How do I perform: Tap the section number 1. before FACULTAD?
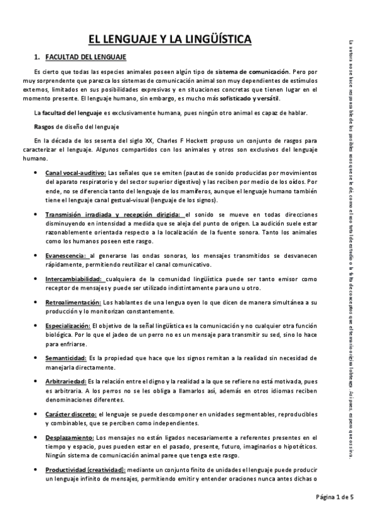click(38, 58)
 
